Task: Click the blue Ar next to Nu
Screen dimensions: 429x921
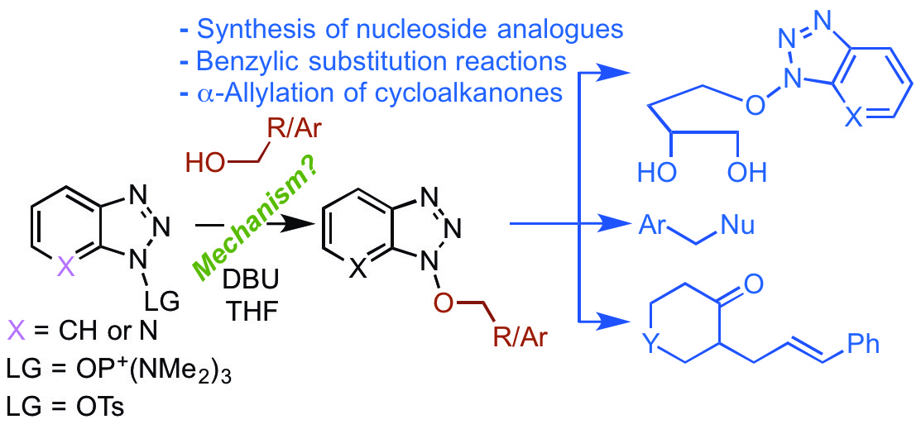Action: point(654,225)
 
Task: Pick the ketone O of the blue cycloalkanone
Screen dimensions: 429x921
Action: point(751,285)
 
